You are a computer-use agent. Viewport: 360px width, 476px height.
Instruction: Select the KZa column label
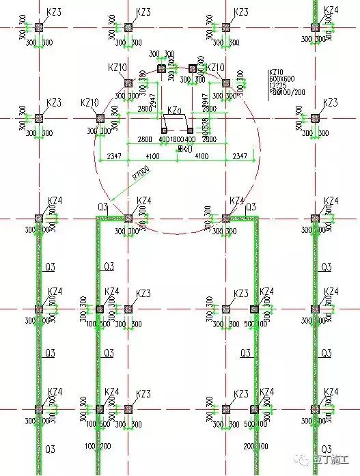(174, 110)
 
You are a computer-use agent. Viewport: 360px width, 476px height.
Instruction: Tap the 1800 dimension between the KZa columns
(176, 139)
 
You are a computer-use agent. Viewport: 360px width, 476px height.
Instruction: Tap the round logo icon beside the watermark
(305, 460)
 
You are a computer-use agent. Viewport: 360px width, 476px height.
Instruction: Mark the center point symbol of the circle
(179, 148)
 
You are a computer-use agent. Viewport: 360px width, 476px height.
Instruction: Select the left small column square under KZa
(163, 130)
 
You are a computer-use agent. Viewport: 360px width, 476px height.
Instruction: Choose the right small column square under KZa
(190, 130)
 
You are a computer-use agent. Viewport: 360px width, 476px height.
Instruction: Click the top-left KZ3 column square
(39, 27)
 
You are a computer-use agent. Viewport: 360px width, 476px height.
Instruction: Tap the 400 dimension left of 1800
(163, 139)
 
